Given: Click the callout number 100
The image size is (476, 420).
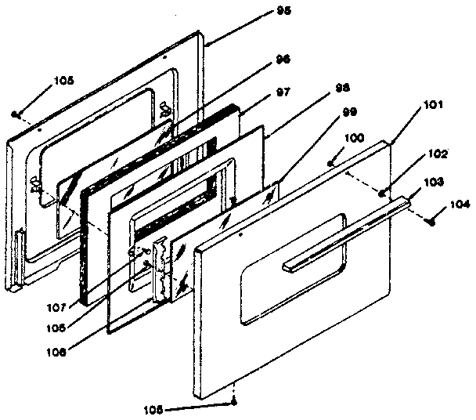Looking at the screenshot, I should click(x=355, y=137).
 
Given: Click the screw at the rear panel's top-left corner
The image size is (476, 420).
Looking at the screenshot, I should click(x=16, y=114).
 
